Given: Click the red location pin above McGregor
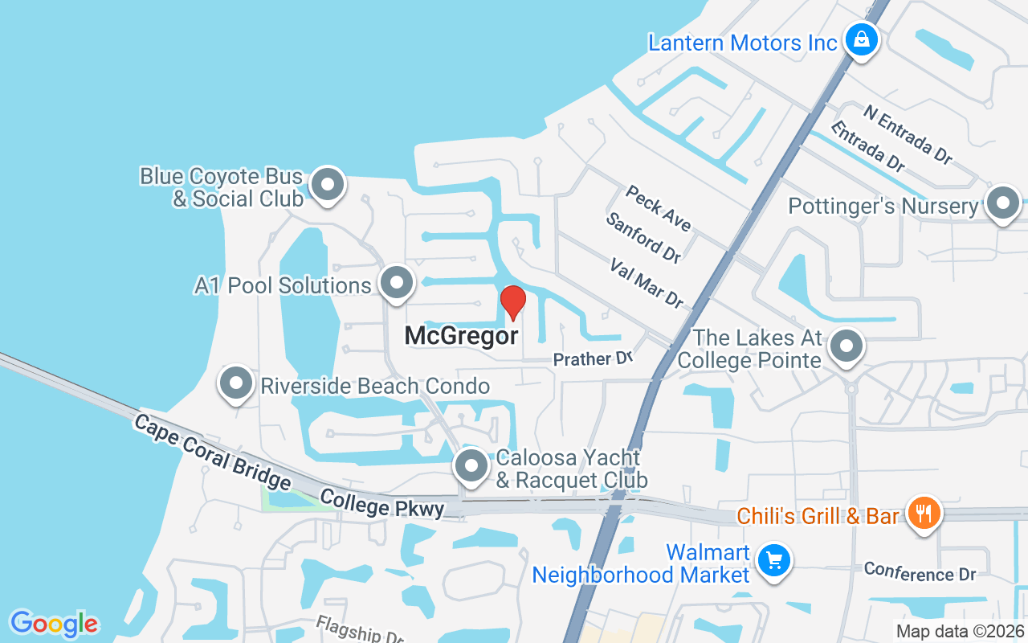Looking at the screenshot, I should [513, 303].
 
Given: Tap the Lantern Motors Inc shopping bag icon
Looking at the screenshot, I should [861, 39].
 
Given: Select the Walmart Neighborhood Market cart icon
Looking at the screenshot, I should [775, 559].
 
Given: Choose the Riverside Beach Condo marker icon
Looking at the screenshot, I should [236, 384].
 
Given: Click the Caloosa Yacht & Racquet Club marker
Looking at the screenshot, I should [471, 466].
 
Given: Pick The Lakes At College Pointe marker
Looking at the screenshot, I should [845, 347].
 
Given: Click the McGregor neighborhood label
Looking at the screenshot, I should [461, 336].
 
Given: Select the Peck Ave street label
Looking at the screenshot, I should [658, 207].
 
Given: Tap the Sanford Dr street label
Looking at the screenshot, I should [644, 237].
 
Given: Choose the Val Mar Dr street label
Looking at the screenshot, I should [647, 282].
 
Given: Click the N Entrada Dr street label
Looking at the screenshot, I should [908, 134].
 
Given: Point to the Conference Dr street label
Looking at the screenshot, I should [920, 573].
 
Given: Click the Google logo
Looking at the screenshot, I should [54, 623].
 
